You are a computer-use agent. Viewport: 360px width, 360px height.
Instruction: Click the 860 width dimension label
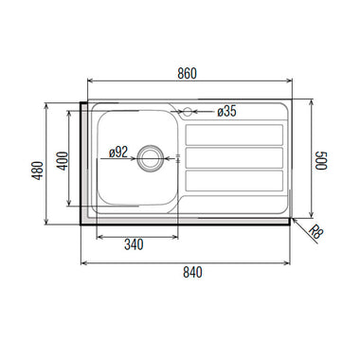187,73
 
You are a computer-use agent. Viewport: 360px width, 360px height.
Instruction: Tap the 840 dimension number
192,272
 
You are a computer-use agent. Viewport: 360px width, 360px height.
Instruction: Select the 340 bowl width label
134,244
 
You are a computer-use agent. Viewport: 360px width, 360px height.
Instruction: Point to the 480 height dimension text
38,171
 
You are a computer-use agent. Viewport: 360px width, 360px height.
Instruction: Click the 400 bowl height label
63,161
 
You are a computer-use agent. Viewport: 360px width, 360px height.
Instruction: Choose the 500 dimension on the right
321,160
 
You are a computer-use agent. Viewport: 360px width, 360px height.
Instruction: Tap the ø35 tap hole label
226,111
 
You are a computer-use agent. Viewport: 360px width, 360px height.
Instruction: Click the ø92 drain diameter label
118,153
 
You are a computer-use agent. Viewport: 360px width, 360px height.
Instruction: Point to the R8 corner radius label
316,232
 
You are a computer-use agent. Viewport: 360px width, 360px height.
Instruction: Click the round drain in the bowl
151,158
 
